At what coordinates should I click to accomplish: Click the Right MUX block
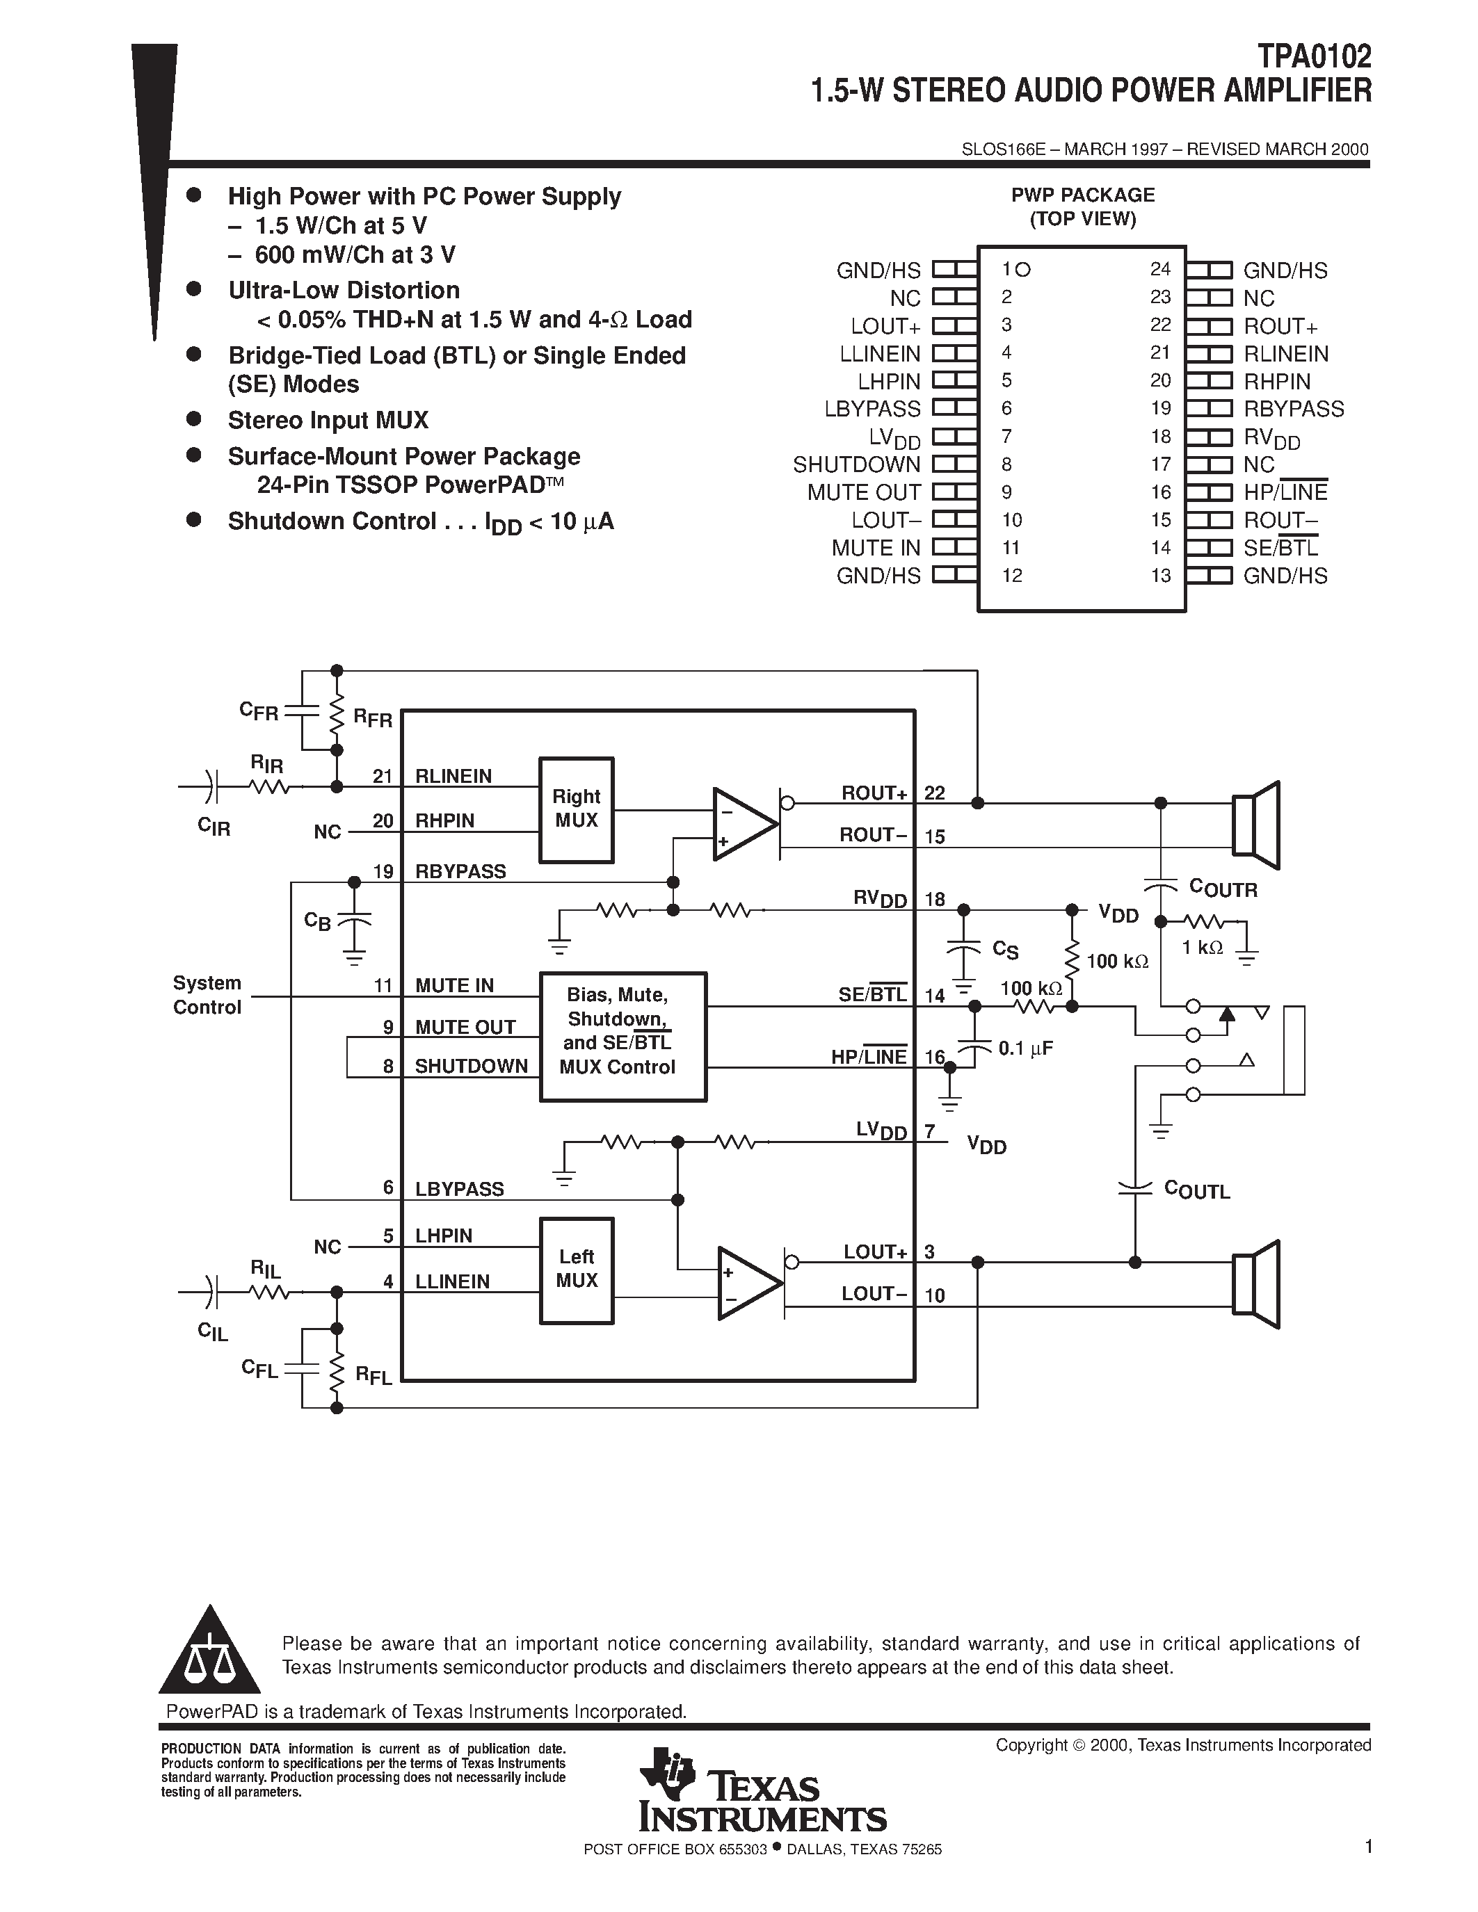click(575, 809)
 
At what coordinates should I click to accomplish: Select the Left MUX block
click(575, 1270)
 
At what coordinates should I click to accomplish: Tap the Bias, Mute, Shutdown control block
click(622, 1036)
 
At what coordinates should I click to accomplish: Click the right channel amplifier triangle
click(744, 824)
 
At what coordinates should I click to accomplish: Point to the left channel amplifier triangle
click(748, 1283)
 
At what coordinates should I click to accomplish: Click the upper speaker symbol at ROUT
click(1255, 825)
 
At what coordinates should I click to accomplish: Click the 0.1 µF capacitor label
click(1025, 1048)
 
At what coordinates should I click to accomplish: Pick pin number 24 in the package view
click(1160, 270)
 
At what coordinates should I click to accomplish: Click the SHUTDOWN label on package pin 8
click(856, 465)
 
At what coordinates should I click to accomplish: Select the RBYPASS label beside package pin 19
click(1293, 409)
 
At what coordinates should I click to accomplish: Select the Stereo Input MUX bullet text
click(328, 420)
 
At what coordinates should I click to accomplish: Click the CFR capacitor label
click(258, 711)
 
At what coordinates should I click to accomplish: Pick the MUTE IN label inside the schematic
click(454, 986)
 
